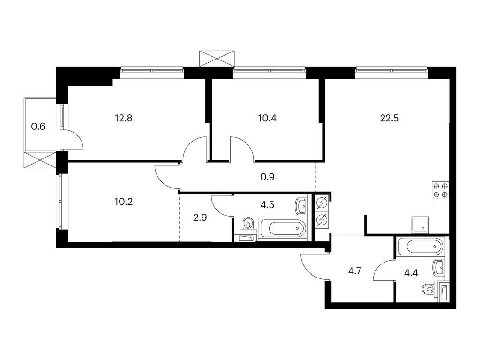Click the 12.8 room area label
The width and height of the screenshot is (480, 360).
point(124,118)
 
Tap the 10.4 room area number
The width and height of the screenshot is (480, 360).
point(267,118)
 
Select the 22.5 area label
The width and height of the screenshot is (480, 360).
point(390,118)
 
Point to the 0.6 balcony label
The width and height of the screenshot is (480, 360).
point(38,126)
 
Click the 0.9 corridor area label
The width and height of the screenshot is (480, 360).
point(267,177)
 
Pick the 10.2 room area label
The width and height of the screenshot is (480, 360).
point(124,202)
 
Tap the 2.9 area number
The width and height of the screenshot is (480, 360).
point(200,217)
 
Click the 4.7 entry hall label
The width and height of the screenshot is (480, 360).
point(355,271)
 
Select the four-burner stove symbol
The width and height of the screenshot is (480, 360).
point(440,190)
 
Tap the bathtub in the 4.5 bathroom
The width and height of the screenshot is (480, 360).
point(282,228)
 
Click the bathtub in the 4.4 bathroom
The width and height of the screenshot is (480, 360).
point(420,246)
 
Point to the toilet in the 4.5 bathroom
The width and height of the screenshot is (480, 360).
point(247,224)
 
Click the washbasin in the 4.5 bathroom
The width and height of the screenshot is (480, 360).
point(301,206)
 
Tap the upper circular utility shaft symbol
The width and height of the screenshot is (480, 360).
point(322,203)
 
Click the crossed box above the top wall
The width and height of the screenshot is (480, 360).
point(217,59)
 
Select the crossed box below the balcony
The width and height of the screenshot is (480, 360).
point(40,160)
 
